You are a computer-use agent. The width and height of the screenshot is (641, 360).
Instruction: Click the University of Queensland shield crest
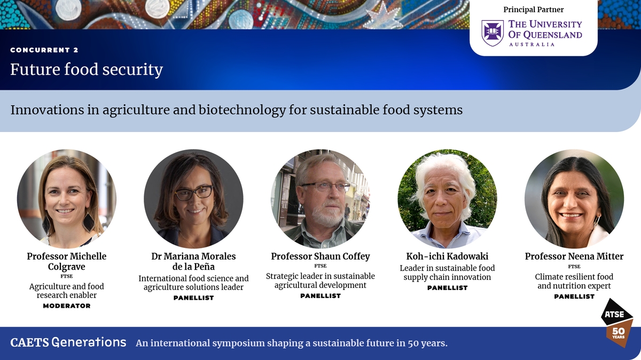[x=492, y=33]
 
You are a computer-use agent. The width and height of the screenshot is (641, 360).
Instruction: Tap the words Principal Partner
[x=534, y=10]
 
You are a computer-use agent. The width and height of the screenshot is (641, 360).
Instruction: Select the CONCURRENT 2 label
[x=44, y=50]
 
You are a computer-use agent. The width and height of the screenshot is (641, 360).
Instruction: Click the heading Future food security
[x=87, y=70]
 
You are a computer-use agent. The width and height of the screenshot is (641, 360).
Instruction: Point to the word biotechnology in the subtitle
[x=242, y=110]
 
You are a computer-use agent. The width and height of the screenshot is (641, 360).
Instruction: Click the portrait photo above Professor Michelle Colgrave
[x=67, y=199]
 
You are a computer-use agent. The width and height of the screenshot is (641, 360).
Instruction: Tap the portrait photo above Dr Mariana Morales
[x=193, y=199]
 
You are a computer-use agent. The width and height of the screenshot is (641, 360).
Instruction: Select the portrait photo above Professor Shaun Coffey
[x=320, y=199]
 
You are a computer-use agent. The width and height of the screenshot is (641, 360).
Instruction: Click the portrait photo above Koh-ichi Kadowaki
[x=447, y=199]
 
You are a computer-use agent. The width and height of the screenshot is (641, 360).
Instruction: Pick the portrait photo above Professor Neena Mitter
[x=574, y=199]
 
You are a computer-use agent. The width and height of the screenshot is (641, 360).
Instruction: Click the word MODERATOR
[x=67, y=306]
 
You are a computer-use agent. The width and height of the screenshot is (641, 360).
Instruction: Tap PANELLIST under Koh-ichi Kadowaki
[x=447, y=288]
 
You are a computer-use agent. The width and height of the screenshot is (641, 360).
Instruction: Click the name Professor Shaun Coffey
[x=320, y=256]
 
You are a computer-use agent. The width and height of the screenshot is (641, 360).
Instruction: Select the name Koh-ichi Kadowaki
[x=447, y=256]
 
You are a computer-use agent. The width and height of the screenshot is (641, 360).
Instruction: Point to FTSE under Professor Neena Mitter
[x=574, y=267]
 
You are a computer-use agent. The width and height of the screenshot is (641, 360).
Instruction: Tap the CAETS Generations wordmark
[x=68, y=342]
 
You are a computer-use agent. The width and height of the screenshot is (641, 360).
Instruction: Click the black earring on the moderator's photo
[x=89, y=222]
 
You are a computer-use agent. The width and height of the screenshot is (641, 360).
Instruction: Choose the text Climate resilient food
[x=574, y=277]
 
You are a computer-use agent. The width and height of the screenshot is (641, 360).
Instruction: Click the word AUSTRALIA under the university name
[x=531, y=45]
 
